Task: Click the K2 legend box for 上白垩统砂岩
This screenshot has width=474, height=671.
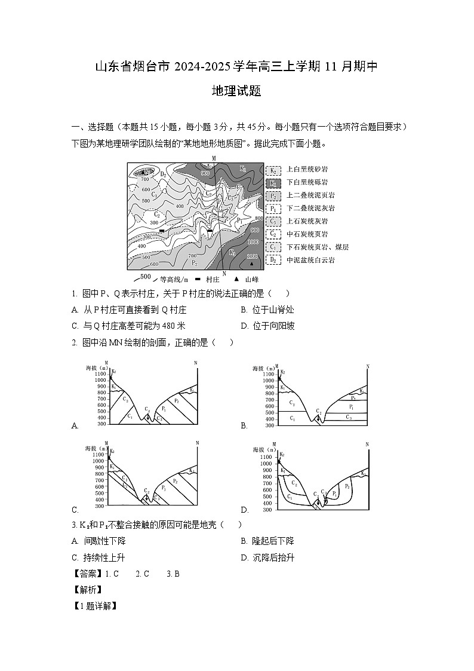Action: [273, 170]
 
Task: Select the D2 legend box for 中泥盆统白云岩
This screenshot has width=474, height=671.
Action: [273, 260]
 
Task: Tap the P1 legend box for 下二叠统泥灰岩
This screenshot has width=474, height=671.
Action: [273, 209]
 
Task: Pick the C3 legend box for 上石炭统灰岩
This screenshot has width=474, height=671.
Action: [273, 222]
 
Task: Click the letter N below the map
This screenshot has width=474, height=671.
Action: [223, 274]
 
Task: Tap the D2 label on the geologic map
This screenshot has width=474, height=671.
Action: [164, 174]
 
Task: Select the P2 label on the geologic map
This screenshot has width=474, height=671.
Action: [194, 262]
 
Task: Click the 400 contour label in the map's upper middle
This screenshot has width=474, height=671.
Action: [179, 206]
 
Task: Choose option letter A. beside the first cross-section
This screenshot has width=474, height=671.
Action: [75, 425]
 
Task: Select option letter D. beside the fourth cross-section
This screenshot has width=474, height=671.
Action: [244, 510]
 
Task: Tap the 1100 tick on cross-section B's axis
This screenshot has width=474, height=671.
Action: [266, 373]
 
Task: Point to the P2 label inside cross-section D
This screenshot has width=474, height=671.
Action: [347, 486]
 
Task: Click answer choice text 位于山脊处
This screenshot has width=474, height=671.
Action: [273, 310]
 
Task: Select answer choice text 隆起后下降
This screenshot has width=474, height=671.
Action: [273, 541]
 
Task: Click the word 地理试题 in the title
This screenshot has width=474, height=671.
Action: [236, 91]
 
